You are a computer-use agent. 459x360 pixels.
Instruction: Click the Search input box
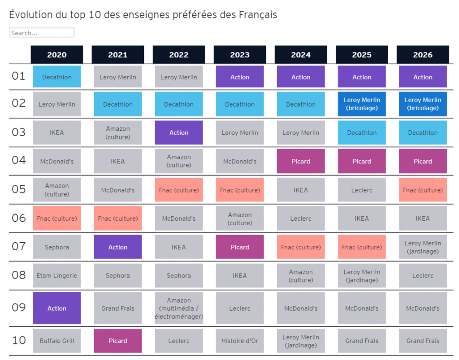[41, 33]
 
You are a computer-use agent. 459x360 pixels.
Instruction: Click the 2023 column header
[240, 55]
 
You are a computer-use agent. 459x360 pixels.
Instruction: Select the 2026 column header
[423, 55]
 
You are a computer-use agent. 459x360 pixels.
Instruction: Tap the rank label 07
[18, 247]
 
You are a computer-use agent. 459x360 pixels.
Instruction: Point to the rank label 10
[18, 340]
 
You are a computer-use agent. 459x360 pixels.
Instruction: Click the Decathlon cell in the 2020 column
[57, 77]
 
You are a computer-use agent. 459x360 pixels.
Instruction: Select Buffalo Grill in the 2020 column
[57, 341]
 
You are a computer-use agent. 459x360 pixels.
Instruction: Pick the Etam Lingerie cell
[57, 276]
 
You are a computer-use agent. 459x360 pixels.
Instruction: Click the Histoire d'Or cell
[240, 341]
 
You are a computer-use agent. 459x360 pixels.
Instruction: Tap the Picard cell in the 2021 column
[118, 341]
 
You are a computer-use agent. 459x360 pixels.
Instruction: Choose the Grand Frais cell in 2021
[118, 308]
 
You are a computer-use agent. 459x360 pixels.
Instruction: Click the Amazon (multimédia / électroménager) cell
[179, 308]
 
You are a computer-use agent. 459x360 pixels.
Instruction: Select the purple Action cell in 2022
[179, 133]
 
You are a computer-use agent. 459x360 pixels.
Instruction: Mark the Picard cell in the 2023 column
[240, 247]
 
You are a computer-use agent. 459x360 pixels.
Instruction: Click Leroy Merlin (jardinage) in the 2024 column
[301, 341]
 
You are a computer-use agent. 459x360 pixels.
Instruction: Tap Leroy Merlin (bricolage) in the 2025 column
[362, 104]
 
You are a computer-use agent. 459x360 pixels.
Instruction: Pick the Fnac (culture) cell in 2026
[423, 190]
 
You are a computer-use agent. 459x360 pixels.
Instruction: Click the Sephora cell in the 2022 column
[179, 276]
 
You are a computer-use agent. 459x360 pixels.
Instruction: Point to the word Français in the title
[257, 15]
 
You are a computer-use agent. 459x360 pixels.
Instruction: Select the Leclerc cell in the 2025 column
[362, 190]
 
